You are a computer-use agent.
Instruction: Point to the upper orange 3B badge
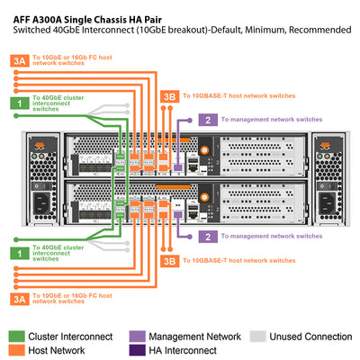pos(167,95)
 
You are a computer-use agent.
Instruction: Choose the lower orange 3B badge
pos(167,261)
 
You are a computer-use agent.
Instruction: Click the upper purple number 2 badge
pos(208,120)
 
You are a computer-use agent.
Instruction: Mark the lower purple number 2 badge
pos(208,237)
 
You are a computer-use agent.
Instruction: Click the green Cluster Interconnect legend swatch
pos(18,337)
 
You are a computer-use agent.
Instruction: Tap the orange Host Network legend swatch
pos(18,351)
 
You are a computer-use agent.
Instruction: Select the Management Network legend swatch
pos(137,337)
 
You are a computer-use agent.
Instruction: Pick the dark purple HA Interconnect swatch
pos(137,351)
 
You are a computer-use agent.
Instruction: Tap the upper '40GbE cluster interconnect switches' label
pos(59,104)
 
